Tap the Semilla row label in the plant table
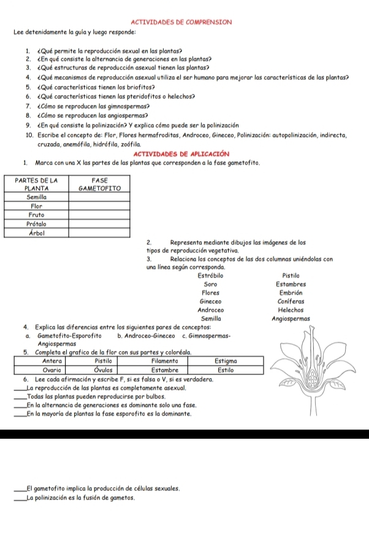[x=39, y=198]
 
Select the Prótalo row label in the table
[x=39, y=224]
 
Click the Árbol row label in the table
[x=39, y=233]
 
